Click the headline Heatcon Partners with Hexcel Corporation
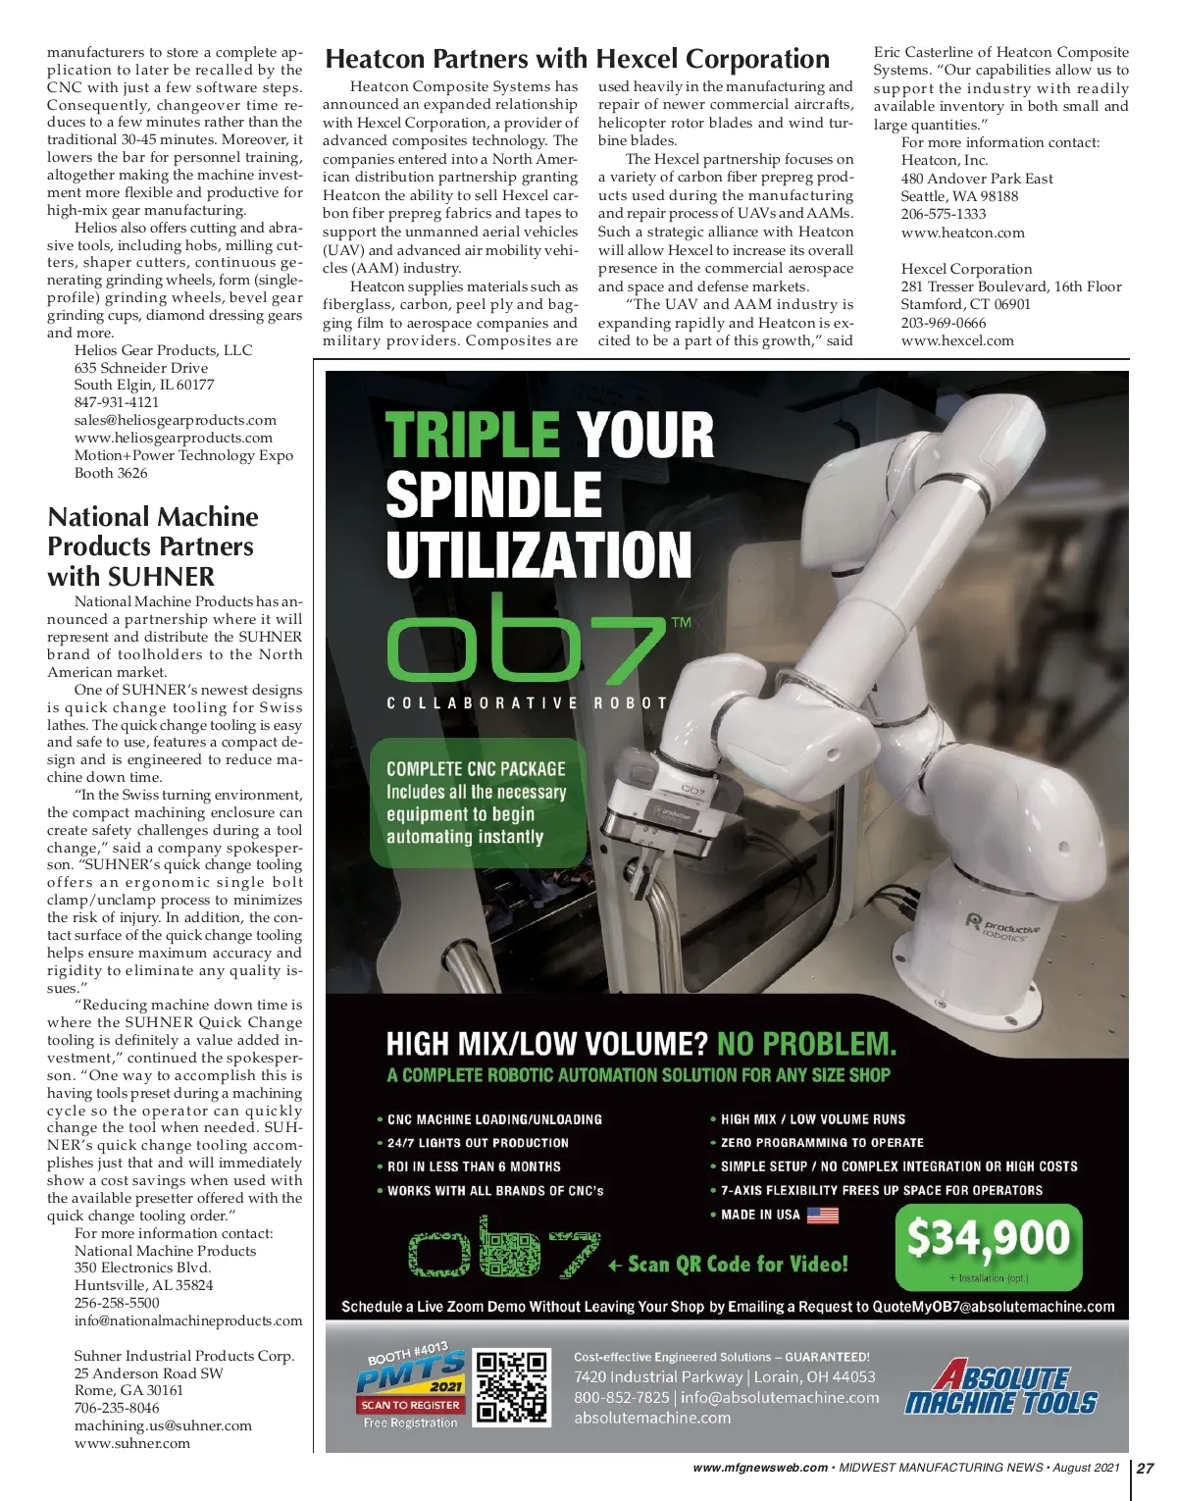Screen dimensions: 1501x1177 click(577, 59)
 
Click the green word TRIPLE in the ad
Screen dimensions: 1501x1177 click(472, 435)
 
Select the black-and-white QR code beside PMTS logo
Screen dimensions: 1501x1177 click(511, 1386)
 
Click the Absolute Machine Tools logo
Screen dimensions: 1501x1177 click(999, 1386)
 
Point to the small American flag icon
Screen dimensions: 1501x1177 click(823, 1216)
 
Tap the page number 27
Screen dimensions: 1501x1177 click(1145, 1468)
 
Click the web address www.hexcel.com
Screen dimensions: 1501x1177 click(957, 340)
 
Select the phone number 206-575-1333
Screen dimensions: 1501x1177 click(944, 214)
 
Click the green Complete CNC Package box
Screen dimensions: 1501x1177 click(477, 802)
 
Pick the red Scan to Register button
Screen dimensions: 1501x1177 click(410, 1405)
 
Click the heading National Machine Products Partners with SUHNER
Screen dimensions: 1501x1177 click(153, 546)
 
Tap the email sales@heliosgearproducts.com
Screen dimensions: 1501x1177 click(176, 420)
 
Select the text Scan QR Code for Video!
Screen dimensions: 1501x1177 click(737, 1264)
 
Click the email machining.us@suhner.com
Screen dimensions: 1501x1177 click(163, 1425)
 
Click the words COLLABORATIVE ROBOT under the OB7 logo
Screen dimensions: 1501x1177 click(528, 702)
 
